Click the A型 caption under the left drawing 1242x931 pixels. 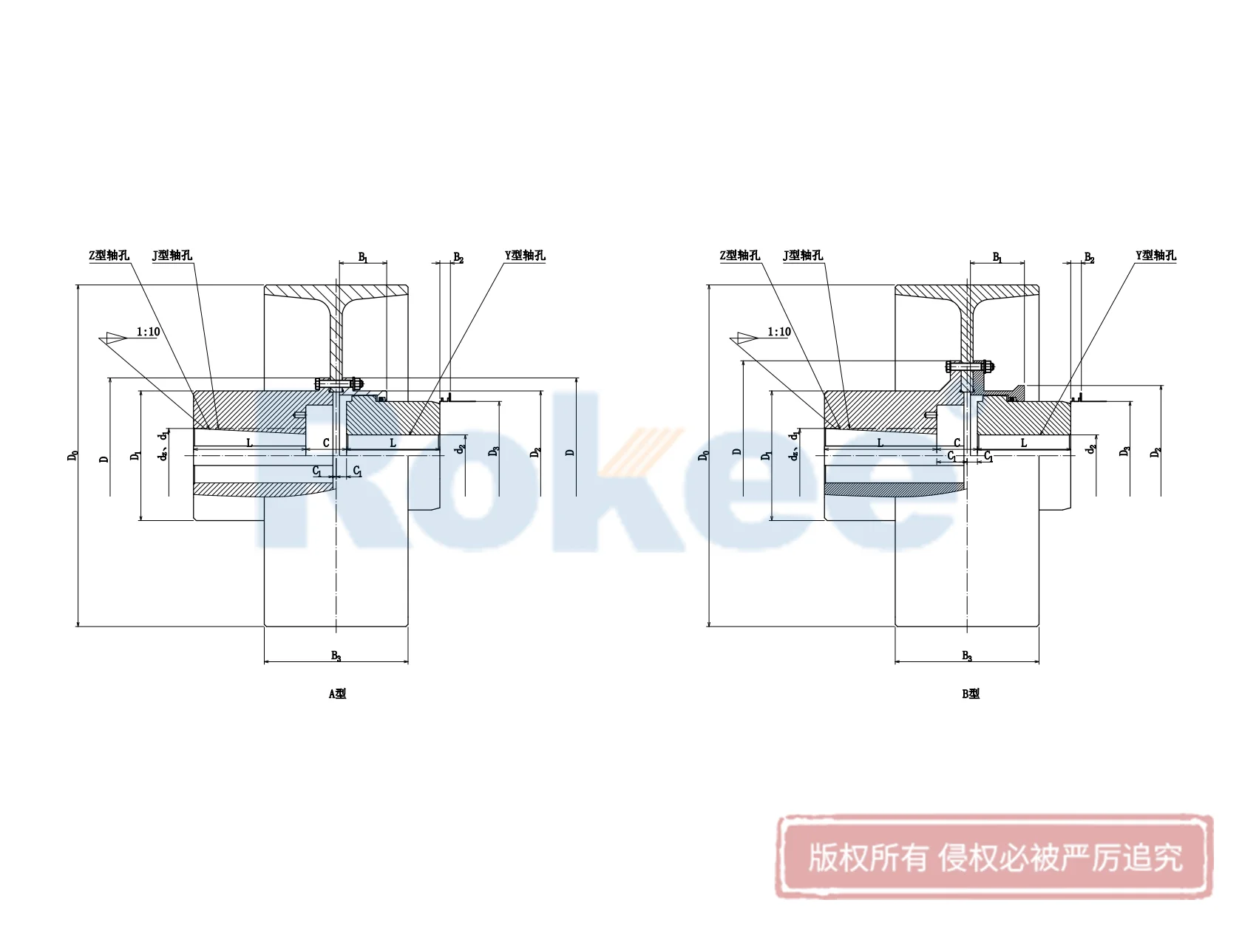click(x=337, y=693)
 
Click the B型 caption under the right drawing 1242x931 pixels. click(x=971, y=693)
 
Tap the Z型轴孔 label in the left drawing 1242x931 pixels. click(x=109, y=255)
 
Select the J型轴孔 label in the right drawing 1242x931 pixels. click(x=803, y=255)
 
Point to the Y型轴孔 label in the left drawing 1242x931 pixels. click(x=525, y=255)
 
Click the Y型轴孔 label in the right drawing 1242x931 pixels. click(x=1156, y=255)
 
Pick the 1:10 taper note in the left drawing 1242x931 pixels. click(x=148, y=332)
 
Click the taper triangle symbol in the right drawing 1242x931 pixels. click(x=744, y=338)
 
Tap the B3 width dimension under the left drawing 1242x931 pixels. click(x=336, y=655)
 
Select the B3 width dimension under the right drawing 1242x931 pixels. click(x=967, y=655)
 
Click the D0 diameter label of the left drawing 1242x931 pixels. click(x=72, y=456)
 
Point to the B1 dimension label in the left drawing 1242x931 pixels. click(x=363, y=257)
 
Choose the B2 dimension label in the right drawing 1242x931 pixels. click(x=1089, y=257)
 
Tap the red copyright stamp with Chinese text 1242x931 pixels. click(x=994, y=857)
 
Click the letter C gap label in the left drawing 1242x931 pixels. click(x=326, y=443)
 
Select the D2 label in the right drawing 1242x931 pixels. click(x=1156, y=452)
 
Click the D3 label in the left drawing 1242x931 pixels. click(x=495, y=450)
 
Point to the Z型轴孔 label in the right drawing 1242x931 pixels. click(x=739, y=255)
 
